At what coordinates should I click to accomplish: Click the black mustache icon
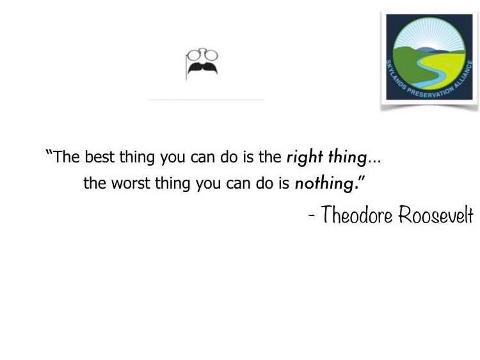203,68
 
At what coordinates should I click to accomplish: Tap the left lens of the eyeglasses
193,56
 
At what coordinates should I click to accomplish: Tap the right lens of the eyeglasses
211,56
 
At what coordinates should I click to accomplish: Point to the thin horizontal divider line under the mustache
206,99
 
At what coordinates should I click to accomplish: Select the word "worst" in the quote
131,184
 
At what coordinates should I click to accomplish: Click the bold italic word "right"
305,157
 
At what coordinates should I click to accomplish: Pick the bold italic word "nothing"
324,184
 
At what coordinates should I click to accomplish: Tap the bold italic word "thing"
348,157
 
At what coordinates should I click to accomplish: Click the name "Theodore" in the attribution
356,215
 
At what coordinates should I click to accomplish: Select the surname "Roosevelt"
436,215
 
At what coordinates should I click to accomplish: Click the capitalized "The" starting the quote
67,157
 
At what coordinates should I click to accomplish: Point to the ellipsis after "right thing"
374,162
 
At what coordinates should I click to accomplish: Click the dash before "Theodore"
312,216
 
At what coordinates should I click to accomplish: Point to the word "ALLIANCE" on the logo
464,74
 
